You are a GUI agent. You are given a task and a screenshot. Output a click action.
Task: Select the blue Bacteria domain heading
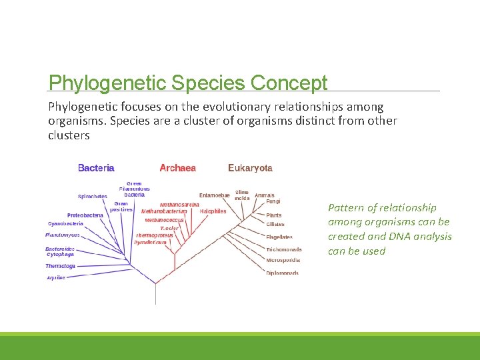click(x=96, y=168)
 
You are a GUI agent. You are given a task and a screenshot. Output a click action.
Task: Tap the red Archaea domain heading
click(x=177, y=168)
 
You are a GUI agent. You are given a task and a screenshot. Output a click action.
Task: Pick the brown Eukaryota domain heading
click(x=250, y=168)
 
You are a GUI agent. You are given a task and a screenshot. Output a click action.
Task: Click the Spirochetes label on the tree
click(x=93, y=197)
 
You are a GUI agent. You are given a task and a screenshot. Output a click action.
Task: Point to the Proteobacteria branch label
click(x=85, y=215)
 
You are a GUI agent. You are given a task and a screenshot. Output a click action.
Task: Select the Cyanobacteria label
click(x=65, y=224)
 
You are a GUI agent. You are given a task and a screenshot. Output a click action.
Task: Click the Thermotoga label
click(x=60, y=266)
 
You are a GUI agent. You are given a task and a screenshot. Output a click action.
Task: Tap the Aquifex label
click(x=56, y=277)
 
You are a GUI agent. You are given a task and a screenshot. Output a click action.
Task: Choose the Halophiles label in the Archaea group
click(x=213, y=211)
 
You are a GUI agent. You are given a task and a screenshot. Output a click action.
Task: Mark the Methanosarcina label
click(x=179, y=204)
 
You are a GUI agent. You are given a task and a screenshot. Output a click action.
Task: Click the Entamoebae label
click(x=214, y=195)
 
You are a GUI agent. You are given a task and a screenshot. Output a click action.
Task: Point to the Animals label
click(x=264, y=195)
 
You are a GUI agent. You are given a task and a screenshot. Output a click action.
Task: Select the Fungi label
click(x=273, y=201)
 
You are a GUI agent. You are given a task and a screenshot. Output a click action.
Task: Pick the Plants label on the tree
click(x=273, y=215)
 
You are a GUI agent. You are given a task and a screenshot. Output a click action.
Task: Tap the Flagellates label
click(x=279, y=237)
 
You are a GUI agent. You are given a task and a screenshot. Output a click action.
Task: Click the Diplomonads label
click(x=282, y=273)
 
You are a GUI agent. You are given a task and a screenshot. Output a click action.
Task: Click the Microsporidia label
click(x=283, y=260)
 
